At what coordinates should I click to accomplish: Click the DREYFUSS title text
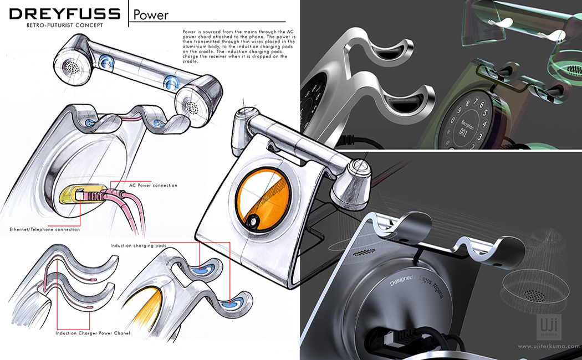pyautogui.click(x=64, y=13)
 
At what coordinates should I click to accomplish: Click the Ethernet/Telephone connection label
pyautogui.click(x=45, y=229)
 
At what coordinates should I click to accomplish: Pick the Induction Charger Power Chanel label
pyautogui.click(x=93, y=333)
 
